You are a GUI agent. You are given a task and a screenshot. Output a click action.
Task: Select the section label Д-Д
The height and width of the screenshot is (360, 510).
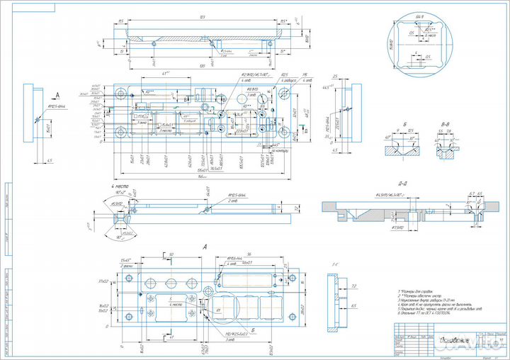pos(402,181)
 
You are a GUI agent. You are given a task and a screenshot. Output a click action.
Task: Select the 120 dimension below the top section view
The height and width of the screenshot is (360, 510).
pos(202,65)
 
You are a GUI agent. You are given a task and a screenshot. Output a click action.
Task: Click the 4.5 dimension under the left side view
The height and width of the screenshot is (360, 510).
pos(50,161)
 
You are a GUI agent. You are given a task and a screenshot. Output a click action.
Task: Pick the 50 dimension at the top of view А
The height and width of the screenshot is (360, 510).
pos(170,253)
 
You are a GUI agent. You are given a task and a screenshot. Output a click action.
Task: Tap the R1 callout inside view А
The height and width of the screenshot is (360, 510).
pos(219,310)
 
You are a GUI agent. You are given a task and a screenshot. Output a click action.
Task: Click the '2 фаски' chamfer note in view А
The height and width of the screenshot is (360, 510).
pos(127,264)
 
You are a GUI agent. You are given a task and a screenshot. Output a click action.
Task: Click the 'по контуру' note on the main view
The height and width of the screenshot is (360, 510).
pos(260,151)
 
